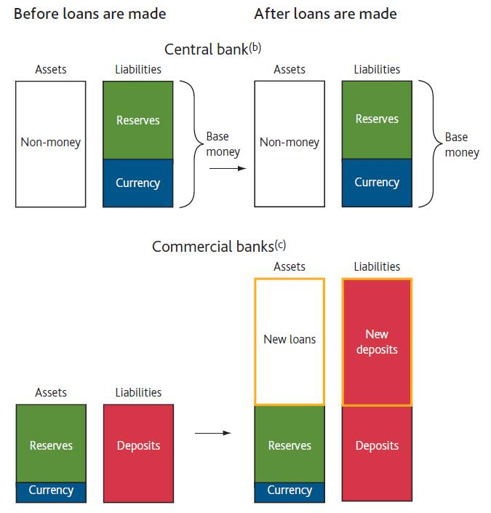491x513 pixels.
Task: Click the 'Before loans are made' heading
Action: [89, 14]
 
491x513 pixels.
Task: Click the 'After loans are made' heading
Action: [325, 14]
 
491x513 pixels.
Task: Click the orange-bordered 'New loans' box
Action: [290, 341]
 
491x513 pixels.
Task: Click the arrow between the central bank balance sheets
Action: [223, 167]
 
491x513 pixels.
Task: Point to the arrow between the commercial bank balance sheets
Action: [212, 433]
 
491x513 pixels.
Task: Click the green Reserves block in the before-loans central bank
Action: [138, 120]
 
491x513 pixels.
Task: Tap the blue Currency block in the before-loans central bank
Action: [138, 183]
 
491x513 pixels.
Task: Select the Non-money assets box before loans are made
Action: [50, 143]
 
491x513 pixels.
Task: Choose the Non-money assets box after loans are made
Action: [290, 143]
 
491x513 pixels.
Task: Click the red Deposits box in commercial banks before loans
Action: [138, 446]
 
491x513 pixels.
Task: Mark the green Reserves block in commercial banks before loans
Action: [51, 444]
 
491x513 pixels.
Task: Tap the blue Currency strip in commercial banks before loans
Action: [51, 491]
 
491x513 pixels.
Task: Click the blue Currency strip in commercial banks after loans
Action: [290, 491]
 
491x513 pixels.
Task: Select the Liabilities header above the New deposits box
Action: [377, 267]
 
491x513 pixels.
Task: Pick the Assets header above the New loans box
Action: [290, 267]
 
